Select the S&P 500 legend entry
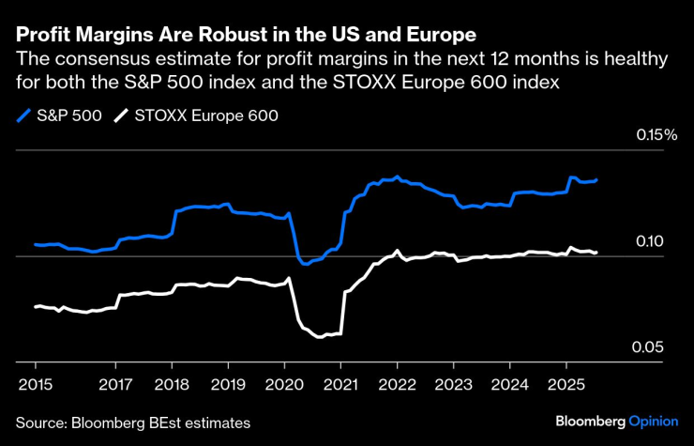(58, 116)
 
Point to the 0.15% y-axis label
(656, 135)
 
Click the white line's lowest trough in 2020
(321, 336)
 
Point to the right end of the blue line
(596, 179)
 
